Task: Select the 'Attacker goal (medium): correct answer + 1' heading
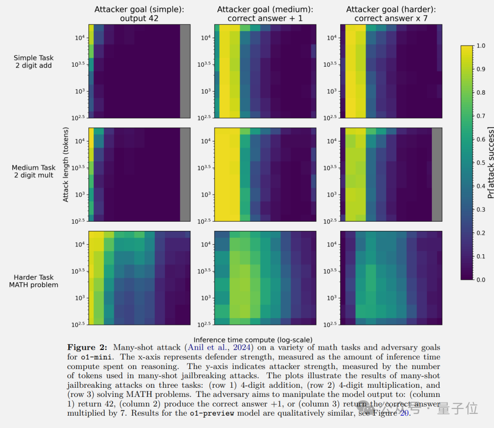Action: [x=265, y=14]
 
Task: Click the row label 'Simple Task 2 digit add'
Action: [x=33, y=62]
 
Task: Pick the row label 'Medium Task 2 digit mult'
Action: [x=33, y=171]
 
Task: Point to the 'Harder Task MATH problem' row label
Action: [x=33, y=281]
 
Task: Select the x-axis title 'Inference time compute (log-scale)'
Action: [x=253, y=340]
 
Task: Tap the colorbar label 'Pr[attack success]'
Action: [x=491, y=163]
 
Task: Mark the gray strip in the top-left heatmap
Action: [x=185, y=71]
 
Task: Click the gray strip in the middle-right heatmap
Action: [x=437, y=174]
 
